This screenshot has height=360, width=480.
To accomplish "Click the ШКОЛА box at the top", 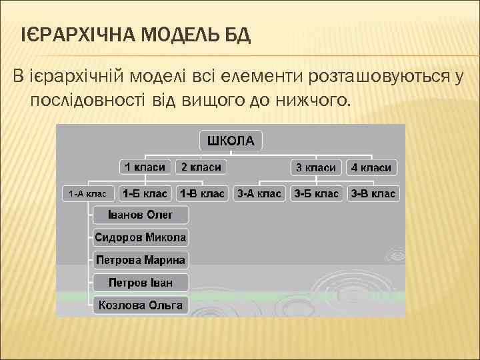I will tap(231, 140).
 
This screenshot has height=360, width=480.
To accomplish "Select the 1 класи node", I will tap(145, 167).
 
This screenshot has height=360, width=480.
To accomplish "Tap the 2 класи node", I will tap(201, 167).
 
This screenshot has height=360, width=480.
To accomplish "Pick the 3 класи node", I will tap(316, 167).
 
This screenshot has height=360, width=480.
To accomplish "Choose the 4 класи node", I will tap(371, 167).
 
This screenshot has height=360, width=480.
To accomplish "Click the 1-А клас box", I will tap(89, 194).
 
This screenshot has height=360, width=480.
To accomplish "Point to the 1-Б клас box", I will tap(145, 194).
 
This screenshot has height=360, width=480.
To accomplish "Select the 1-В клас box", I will tap(202, 194).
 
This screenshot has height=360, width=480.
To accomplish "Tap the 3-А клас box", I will tap(259, 194).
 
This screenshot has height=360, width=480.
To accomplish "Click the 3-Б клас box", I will tap(317, 194).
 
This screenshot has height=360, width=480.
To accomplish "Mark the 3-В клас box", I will tap(373, 194).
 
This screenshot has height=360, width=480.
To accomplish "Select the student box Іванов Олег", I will tap(141, 215).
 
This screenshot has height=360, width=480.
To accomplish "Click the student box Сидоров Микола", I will tap(141, 237).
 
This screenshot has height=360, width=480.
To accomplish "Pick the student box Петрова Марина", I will tap(141, 260).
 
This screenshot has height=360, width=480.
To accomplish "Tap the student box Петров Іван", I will tap(141, 283).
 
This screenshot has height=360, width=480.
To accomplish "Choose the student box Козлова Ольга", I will tap(141, 305).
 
